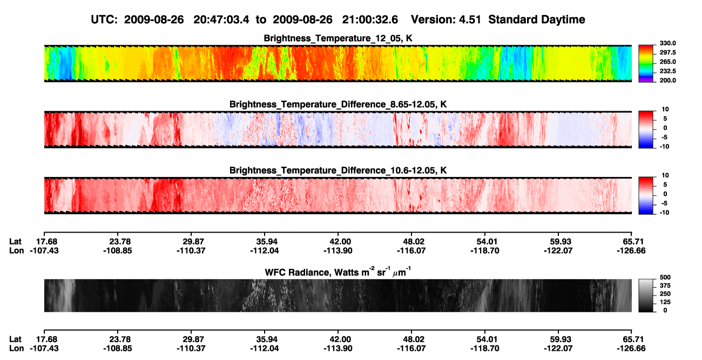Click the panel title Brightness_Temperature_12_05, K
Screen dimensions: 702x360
[338, 38]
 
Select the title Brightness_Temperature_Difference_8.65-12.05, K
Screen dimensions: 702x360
[338, 104]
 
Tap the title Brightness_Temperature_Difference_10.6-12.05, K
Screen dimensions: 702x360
[338, 171]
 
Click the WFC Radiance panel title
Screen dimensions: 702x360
[337, 272]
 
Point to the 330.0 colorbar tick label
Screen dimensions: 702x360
[667, 43]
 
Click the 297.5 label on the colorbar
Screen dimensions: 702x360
[667, 53]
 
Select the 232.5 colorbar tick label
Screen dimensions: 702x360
[667, 71]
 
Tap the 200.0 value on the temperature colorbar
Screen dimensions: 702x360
[667, 80]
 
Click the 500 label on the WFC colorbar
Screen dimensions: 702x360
[665, 277]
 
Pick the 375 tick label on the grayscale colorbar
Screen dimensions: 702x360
[665, 286]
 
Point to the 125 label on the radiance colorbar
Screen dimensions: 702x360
[665, 302]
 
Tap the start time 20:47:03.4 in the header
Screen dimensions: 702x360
[221, 20]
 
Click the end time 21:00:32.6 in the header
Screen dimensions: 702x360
[370, 20]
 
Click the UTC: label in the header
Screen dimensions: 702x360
[104, 20]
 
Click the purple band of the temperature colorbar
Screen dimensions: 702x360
[646, 80]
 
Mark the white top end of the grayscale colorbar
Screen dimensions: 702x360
[646, 281]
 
